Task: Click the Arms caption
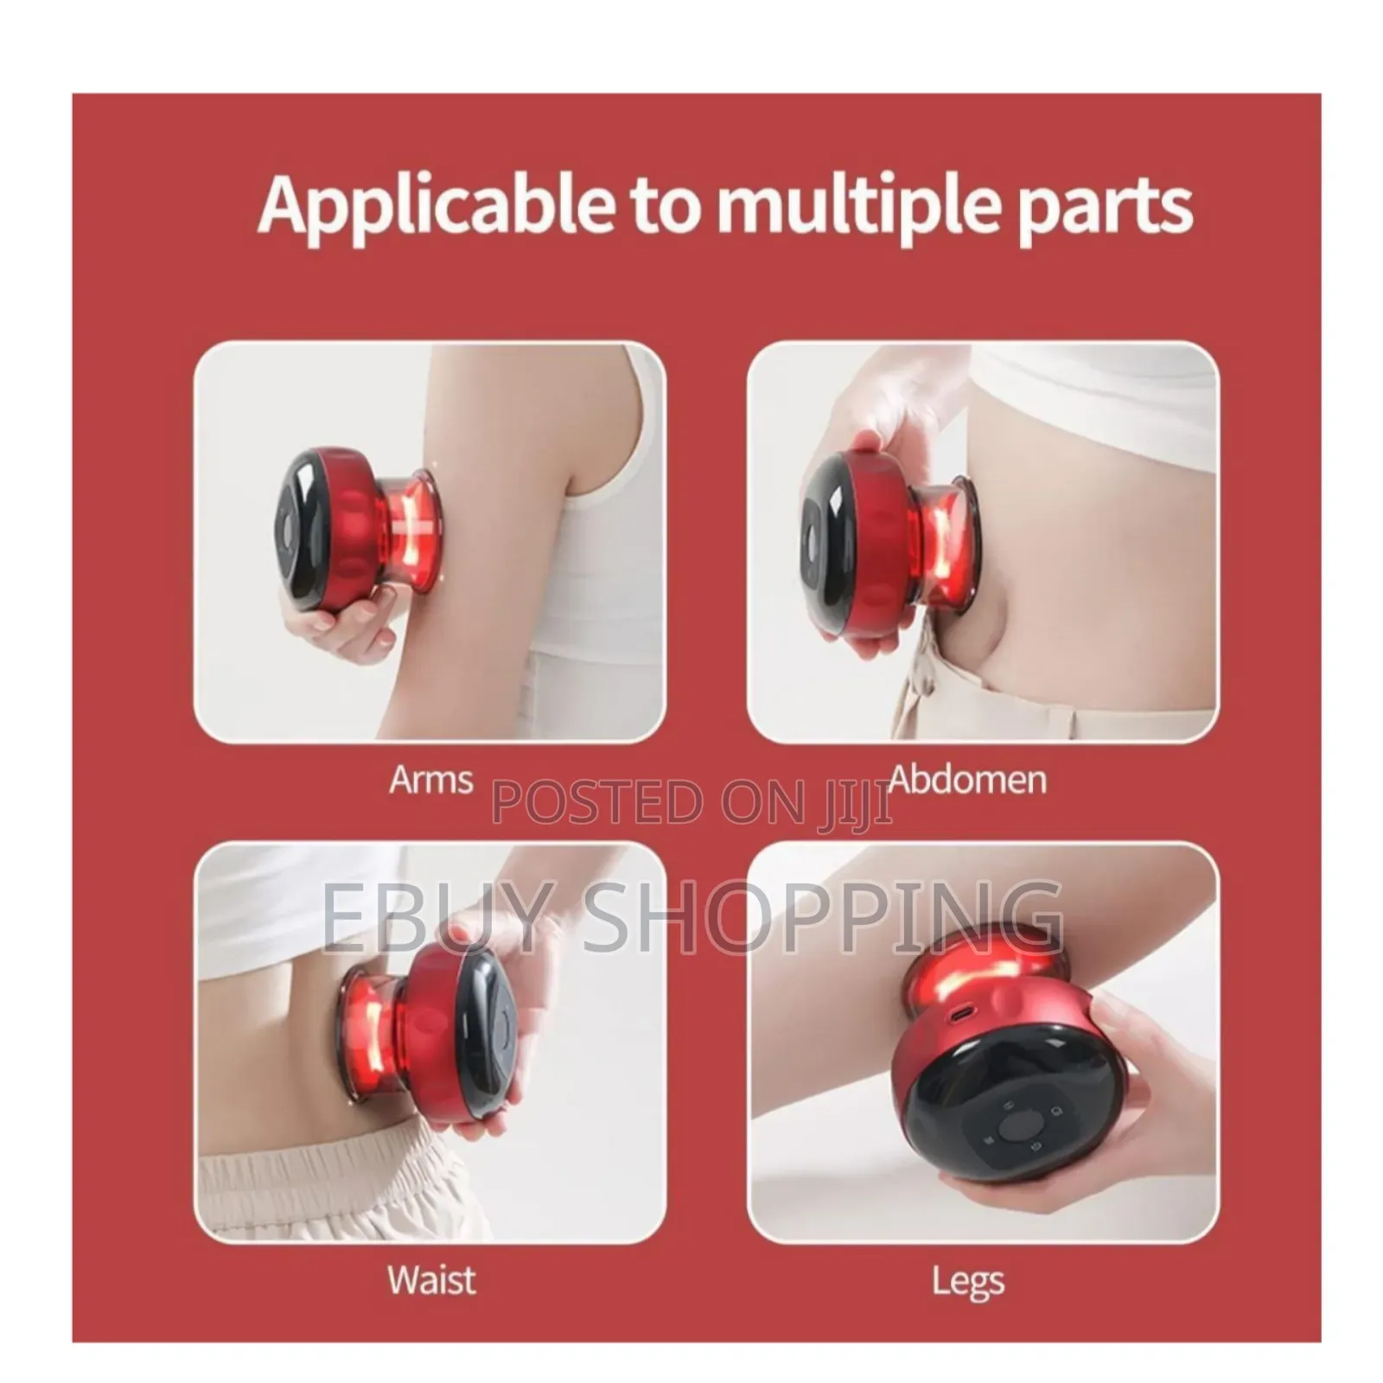430,780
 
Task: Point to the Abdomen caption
968,780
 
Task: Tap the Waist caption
431,1278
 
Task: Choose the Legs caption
967,1281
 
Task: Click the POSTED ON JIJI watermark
691,802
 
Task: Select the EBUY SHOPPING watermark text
691,916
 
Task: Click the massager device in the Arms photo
363,527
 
